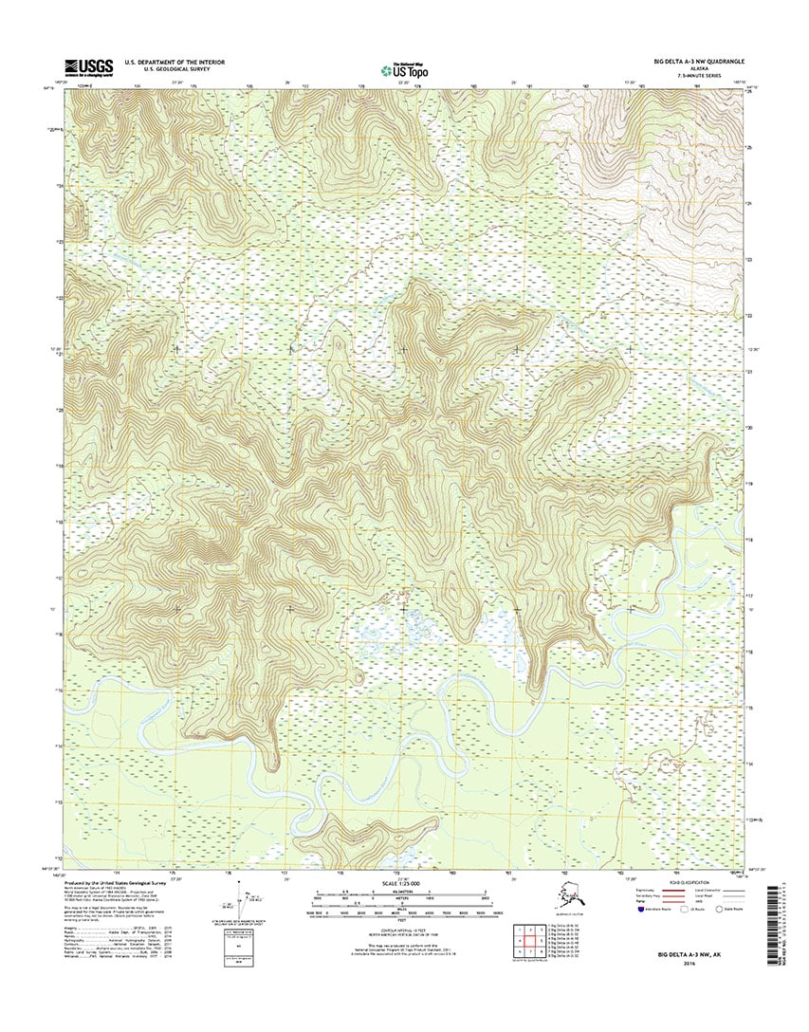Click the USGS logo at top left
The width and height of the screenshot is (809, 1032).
point(87,66)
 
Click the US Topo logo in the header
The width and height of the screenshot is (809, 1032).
point(402,68)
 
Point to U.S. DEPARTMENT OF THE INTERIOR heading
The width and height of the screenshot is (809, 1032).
point(175,62)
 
